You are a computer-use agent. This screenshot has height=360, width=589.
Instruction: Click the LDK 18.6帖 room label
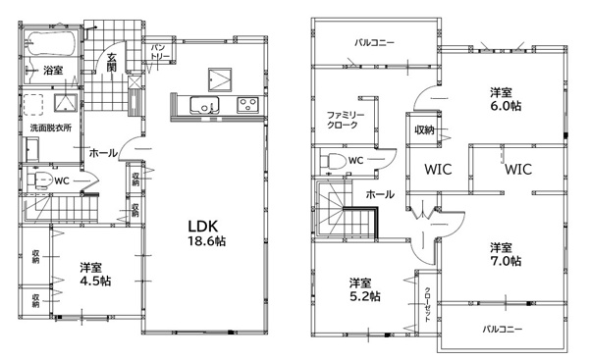pyautogui.click(x=207, y=233)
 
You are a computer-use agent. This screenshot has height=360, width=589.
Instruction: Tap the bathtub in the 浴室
pyautogui.click(x=51, y=43)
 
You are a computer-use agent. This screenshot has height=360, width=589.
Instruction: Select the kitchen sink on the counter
pyautogui.click(x=204, y=104)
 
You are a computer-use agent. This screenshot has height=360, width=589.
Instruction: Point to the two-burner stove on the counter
pyautogui.click(x=247, y=104)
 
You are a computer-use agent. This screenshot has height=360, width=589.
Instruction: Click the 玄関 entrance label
pyautogui.click(x=112, y=63)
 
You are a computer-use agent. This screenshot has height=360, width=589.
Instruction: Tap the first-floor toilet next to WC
pyautogui.click(x=39, y=180)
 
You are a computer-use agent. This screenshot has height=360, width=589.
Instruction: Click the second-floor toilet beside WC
pyautogui.click(x=333, y=161)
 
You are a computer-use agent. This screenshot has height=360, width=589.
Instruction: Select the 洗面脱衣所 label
pyautogui.click(x=51, y=128)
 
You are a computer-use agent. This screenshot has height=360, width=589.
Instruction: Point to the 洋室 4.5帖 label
pyautogui.click(x=95, y=275)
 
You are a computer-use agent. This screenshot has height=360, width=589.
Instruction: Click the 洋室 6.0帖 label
pyautogui.click(x=506, y=99)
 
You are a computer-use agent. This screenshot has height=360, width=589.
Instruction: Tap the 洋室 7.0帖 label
pyautogui.click(x=506, y=254)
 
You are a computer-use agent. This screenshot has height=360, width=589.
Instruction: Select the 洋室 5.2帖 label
pyautogui.click(x=365, y=289)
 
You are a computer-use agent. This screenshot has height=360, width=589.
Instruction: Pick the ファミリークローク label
pyautogui.click(x=346, y=120)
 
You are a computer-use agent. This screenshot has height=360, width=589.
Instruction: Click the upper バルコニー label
pyautogui.click(x=375, y=42)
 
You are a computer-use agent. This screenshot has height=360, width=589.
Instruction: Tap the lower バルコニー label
pyautogui.click(x=503, y=330)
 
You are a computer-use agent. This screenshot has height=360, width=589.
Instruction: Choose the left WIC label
pyautogui.click(x=438, y=170)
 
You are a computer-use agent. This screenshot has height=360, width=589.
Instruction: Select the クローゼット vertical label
pyautogui.click(x=427, y=305)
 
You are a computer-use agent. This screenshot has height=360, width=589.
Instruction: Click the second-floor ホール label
pyautogui.click(x=380, y=194)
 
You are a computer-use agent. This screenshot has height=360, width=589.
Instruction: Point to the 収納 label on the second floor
pyautogui.click(x=424, y=129)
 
